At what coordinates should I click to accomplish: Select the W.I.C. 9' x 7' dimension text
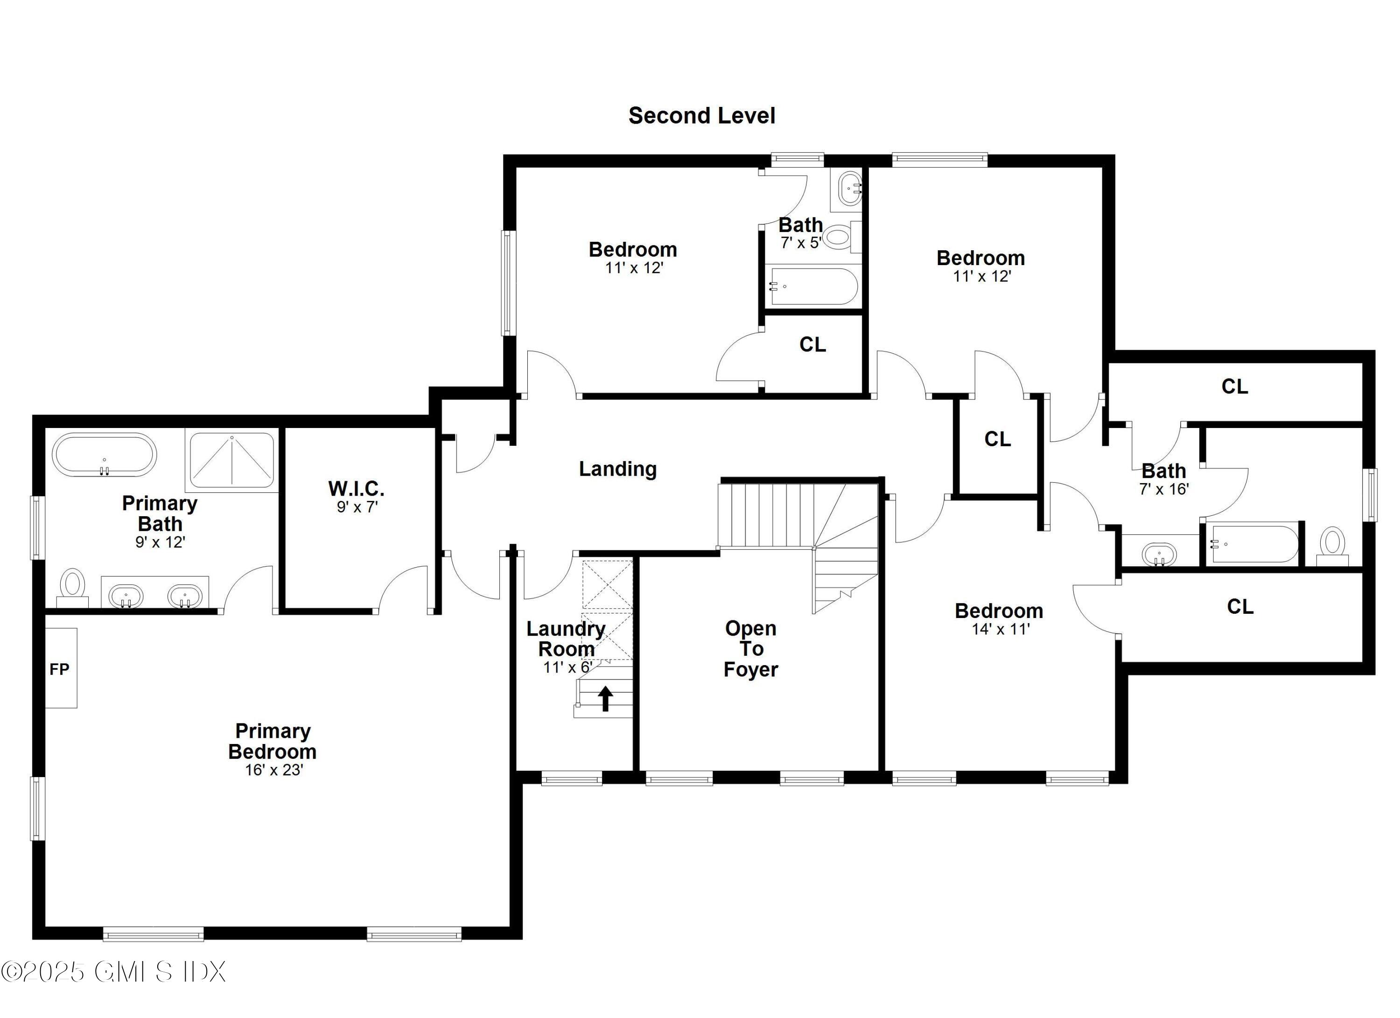coord(357,507)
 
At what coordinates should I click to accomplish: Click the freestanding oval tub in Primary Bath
coord(105,455)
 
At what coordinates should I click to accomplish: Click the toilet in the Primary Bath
coord(73,585)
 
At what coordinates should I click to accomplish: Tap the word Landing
coord(617,469)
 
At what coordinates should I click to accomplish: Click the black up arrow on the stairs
coord(606,698)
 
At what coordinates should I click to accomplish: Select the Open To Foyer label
coord(750,649)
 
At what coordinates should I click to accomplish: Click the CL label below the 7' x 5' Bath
coord(812,344)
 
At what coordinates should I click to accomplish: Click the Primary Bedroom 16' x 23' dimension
coord(273,770)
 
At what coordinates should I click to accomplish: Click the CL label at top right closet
coord(1235,386)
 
